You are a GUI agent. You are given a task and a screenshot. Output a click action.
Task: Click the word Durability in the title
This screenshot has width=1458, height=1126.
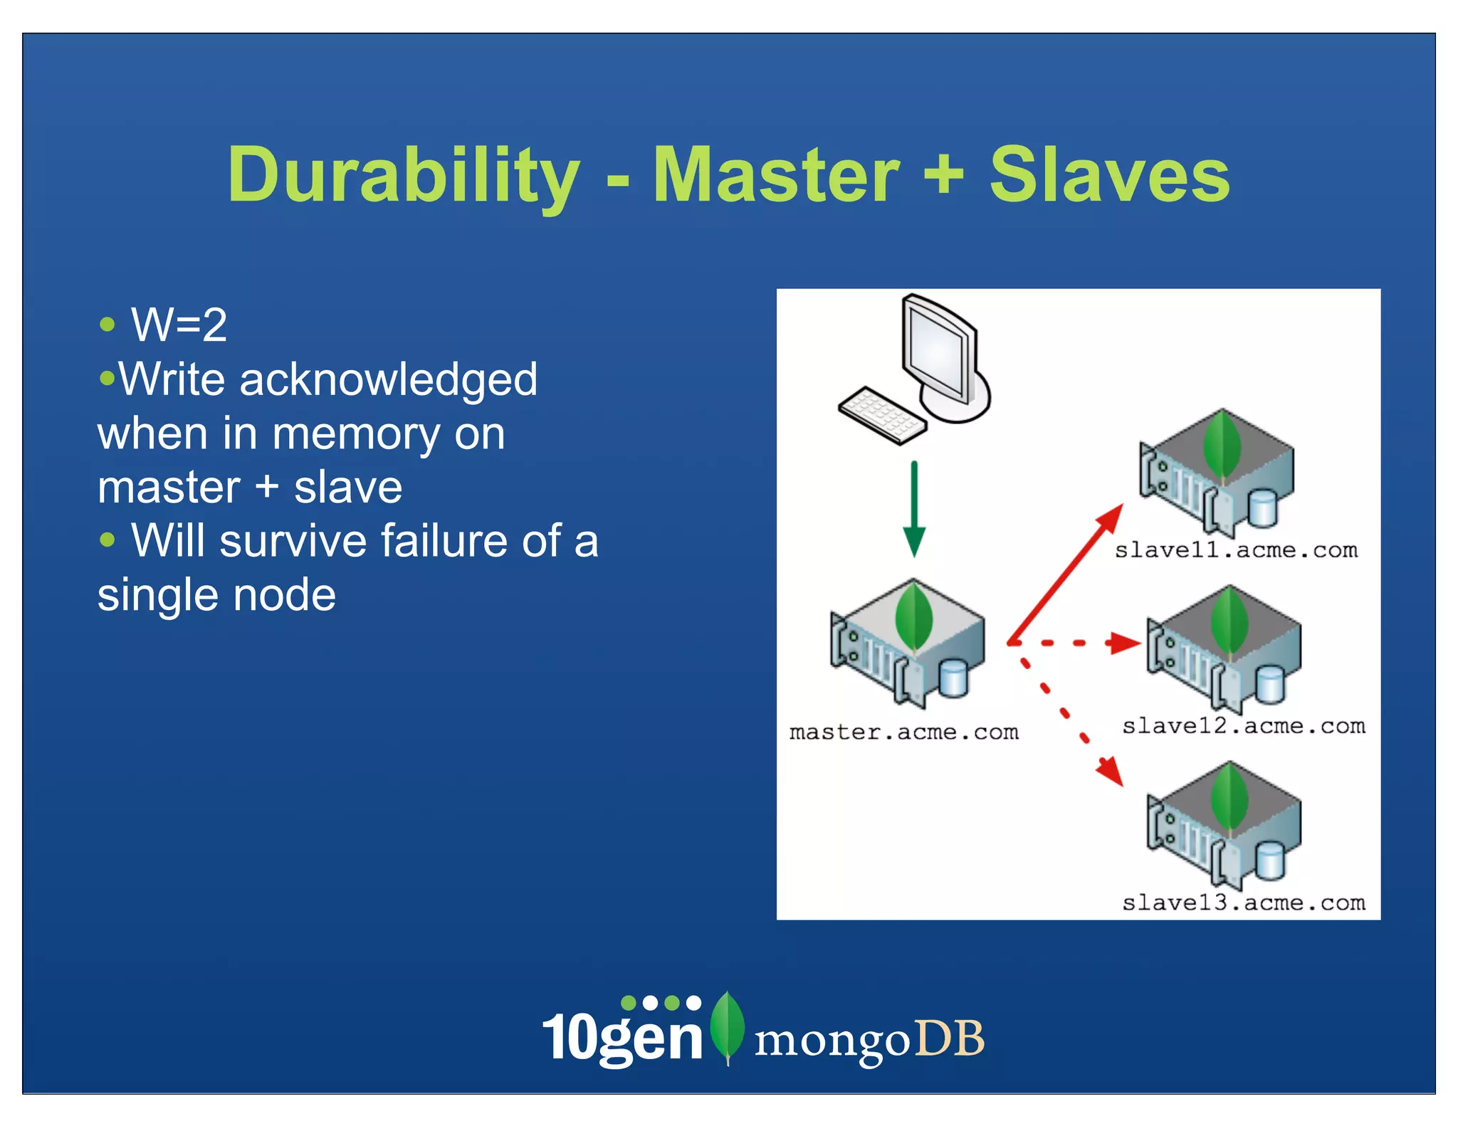click(403, 176)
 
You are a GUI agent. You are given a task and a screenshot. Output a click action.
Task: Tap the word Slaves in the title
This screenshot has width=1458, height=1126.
click(1109, 176)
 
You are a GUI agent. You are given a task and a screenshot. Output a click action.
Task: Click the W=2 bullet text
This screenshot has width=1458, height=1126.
click(179, 325)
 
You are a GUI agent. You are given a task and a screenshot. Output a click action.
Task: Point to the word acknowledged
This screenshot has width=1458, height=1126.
click(388, 379)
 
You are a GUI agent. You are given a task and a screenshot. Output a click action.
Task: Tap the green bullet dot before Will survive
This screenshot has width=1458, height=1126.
click(107, 540)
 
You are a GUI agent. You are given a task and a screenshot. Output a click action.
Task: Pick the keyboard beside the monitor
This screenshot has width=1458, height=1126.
click(882, 415)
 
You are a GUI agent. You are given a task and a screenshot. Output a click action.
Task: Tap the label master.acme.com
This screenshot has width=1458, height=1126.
click(903, 732)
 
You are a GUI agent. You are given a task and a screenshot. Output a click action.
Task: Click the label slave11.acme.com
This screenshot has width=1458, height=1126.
click(1236, 550)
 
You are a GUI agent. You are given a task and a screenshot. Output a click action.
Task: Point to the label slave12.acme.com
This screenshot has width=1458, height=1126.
click(1243, 726)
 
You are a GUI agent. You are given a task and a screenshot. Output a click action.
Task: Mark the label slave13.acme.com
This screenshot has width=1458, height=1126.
click(1243, 903)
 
